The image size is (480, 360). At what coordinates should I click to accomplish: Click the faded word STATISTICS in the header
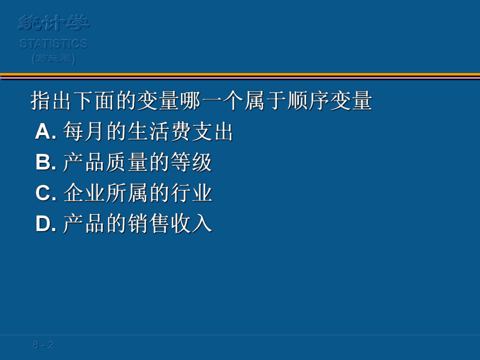pyautogui.click(x=54, y=44)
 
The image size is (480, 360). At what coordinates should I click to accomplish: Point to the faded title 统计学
pyautogui.click(x=54, y=23)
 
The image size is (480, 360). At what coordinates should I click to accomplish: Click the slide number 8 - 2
pyautogui.click(x=43, y=345)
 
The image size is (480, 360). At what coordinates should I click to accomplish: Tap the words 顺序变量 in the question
pyautogui.click(x=329, y=101)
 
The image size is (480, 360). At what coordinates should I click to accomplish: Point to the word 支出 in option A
pyautogui.click(x=212, y=132)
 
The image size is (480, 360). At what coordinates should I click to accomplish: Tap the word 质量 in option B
pyautogui.click(x=126, y=163)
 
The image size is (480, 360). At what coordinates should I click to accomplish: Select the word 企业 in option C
pyautogui.click(x=84, y=194)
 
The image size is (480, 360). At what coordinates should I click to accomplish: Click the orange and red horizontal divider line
pyautogui.click(x=240, y=76)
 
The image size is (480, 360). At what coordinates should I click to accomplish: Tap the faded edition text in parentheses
pyautogui.click(x=54, y=59)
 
